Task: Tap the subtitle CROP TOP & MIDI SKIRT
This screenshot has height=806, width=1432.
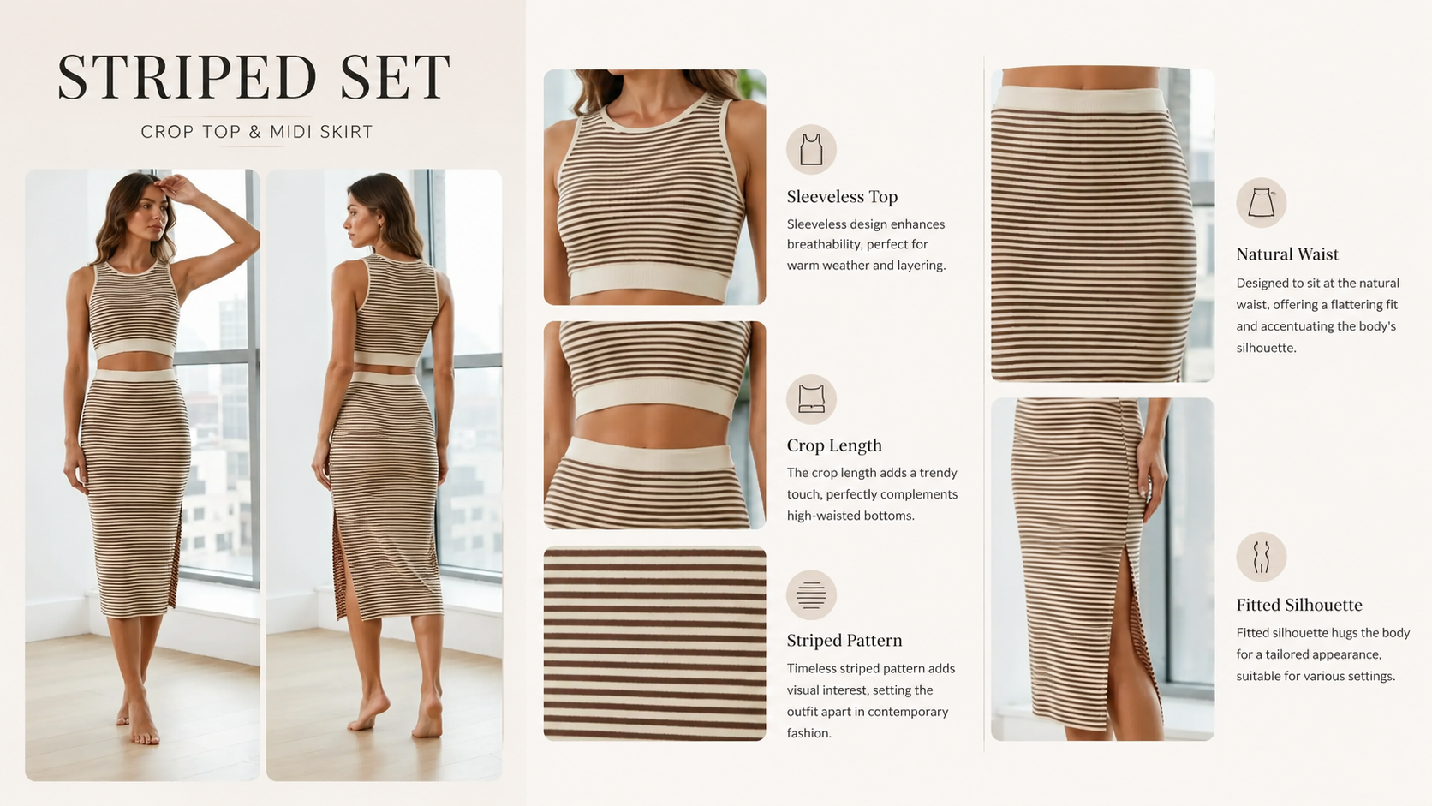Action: click(257, 132)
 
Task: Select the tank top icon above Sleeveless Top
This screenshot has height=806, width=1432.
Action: click(811, 150)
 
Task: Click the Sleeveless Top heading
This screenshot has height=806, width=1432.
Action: click(842, 197)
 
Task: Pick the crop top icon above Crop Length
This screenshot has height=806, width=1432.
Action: click(811, 399)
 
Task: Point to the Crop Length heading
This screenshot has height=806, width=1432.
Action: click(834, 445)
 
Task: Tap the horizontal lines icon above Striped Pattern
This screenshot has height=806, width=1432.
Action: click(811, 595)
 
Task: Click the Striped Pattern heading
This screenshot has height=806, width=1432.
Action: click(844, 641)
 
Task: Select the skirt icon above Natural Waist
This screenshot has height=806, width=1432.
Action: click(1262, 203)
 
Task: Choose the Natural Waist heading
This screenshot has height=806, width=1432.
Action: click(1287, 254)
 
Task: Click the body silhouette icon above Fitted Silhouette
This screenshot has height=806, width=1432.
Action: click(1262, 557)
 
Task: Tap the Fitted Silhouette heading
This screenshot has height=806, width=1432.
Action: click(1299, 605)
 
